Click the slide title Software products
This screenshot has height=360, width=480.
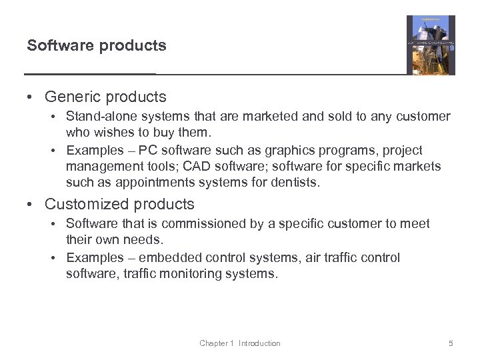click(x=97, y=46)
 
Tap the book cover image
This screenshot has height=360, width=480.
click(x=431, y=45)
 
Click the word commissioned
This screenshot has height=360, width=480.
click(x=203, y=224)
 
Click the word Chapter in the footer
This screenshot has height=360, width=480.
click(x=213, y=343)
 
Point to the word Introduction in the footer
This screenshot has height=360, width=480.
click(x=259, y=343)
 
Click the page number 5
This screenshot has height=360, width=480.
click(x=451, y=343)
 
